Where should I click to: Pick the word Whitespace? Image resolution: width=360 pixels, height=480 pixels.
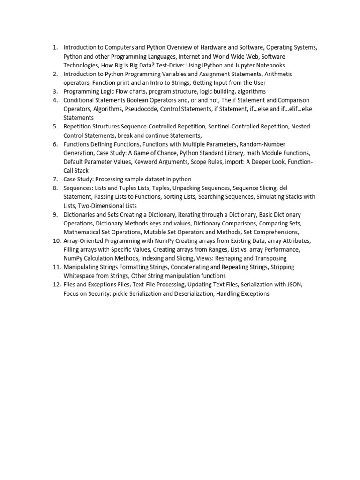tap(79, 276)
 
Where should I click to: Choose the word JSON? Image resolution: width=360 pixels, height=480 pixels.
tap(294, 285)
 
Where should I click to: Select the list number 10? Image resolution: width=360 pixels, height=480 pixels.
tap(56, 240)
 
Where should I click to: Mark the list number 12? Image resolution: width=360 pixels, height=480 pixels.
tap(56, 285)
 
